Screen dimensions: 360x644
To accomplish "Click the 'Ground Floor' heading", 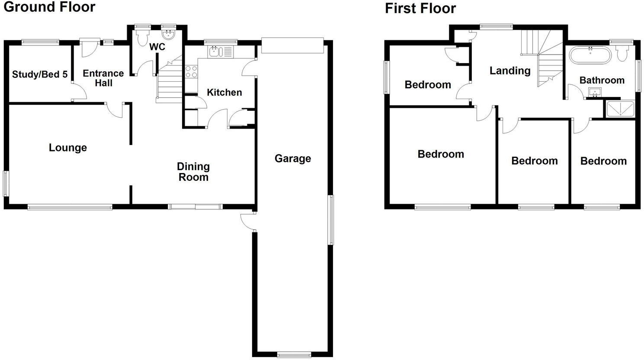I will [x=49, y=7].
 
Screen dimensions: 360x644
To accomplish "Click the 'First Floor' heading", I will [x=420, y=8].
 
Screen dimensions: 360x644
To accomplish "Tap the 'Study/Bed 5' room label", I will [x=40, y=74].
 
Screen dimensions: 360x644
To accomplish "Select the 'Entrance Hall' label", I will [x=103, y=78].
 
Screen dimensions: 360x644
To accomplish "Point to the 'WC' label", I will [x=157, y=47].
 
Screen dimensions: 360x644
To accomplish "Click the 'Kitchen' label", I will [x=224, y=92].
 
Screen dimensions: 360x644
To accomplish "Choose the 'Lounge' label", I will [x=68, y=148].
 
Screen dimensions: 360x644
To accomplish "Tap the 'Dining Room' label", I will [x=193, y=172].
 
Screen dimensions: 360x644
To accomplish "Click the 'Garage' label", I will [x=293, y=158].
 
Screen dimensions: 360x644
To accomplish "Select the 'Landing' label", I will [x=510, y=71].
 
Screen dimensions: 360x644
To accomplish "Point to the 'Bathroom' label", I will [x=602, y=80].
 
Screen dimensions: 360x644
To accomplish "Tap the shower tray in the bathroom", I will [x=621, y=109].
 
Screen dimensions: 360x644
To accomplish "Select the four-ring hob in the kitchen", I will [x=191, y=72].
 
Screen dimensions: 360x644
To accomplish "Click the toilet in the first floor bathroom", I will [x=622, y=54].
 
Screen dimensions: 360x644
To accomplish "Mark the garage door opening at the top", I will [x=292, y=45].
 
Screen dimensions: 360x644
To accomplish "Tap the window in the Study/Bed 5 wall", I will [x=41, y=42].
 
